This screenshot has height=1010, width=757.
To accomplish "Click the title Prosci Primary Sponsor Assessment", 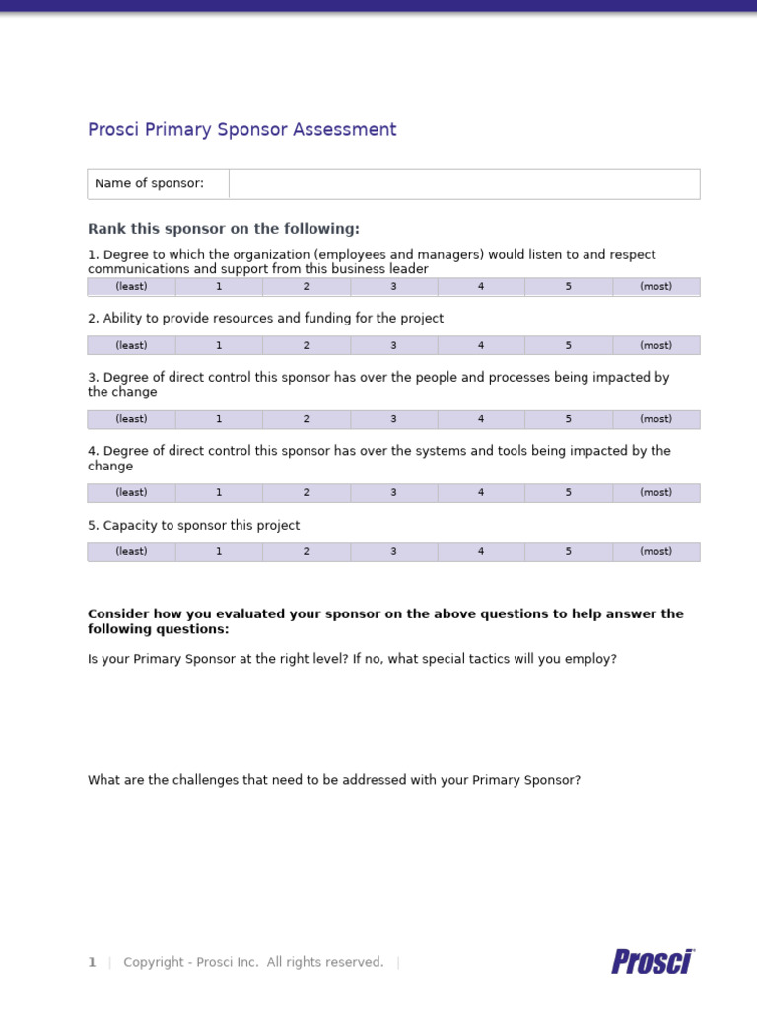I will tap(241, 129).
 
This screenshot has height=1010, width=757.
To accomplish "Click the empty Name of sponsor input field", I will tap(464, 183).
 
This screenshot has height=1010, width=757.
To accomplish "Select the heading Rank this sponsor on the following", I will tap(224, 229).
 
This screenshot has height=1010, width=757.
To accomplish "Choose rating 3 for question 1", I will tap(393, 286).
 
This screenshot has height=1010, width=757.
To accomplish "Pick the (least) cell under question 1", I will tap(131, 286).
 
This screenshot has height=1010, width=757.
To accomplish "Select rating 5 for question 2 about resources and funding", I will tap(568, 345).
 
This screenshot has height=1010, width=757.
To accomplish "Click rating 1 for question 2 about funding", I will tap(219, 345).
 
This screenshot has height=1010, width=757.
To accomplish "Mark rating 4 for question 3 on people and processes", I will tap(481, 419).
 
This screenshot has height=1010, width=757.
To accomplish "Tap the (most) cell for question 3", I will tap(655, 419).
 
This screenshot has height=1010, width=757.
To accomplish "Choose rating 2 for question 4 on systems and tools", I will tap(306, 492).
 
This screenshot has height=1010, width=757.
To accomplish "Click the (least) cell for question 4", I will tap(131, 492).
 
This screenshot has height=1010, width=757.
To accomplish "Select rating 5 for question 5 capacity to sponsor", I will tap(568, 551).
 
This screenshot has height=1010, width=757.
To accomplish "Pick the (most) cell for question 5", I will tap(655, 551).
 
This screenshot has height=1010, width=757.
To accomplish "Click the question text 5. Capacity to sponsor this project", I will tap(193, 526).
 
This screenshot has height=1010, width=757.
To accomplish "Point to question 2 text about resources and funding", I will tap(265, 319).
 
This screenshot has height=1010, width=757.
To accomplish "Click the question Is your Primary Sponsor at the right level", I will tap(352, 659).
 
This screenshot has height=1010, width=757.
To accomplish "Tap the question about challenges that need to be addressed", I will tap(334, 780).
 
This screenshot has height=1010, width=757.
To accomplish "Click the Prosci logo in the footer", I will tap(653, 961).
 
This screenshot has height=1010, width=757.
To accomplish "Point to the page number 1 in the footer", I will tap(92, 962).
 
